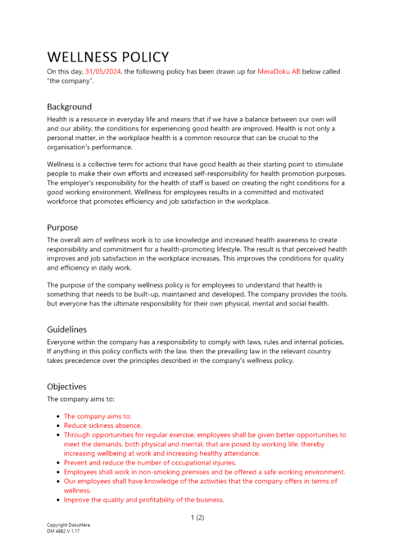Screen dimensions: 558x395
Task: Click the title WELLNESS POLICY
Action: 108,57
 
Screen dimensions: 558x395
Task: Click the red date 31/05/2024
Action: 103,71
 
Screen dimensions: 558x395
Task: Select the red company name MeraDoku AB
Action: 279,71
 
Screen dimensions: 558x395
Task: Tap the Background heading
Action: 69,107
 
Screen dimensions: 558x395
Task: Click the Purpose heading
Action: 62,228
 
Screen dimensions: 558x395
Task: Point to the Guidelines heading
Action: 66,329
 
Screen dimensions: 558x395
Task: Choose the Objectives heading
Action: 67,386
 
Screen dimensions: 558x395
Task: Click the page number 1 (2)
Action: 197,517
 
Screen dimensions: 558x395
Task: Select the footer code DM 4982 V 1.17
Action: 64,531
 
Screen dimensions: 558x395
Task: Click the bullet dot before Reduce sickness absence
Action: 59,426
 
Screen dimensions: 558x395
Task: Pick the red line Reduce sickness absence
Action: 102,425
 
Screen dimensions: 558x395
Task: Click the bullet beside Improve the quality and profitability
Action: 59,501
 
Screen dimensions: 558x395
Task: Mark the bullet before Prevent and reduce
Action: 59,463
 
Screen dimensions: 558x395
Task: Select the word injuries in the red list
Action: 222,463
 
